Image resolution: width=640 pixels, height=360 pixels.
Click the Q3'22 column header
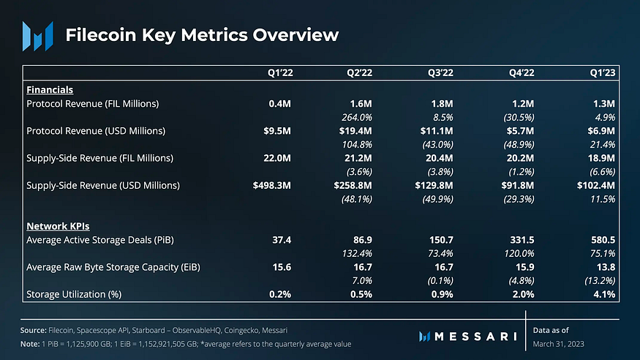pyautogui.click(x=441, y=73)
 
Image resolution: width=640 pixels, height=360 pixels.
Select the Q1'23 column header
pyautogui.click(x=603, y=73)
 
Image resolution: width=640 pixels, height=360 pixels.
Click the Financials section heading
pyautogui.click(x=50, y=90)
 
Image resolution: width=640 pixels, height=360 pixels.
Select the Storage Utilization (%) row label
pyautogui.click(x=73, y=294)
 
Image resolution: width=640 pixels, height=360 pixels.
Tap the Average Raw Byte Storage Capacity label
pyautogui.click(x=113, y=267)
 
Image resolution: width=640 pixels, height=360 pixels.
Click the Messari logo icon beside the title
pyautogui.click(x=37, y=35)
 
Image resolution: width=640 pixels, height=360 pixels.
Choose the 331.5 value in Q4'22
pyautogui.click(x=520, y=239)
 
